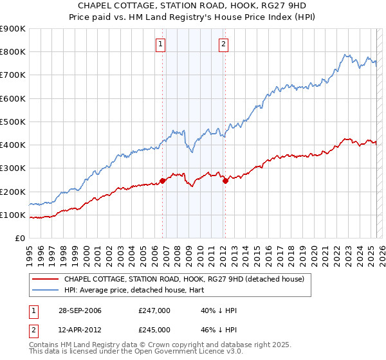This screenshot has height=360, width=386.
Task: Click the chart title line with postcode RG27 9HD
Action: tap(192, 6)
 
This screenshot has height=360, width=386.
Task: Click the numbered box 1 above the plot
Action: tap(160, 44)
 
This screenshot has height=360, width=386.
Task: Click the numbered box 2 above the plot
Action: tap(223, 44)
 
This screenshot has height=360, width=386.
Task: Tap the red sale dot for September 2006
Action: tap(162, 181)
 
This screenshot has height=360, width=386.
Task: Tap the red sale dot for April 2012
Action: tap(225, 181)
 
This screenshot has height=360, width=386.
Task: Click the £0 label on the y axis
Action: tap(20, 239)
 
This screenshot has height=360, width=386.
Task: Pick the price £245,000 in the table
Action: tap(154, 330)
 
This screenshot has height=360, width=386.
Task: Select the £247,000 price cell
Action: tap(154, 310)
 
